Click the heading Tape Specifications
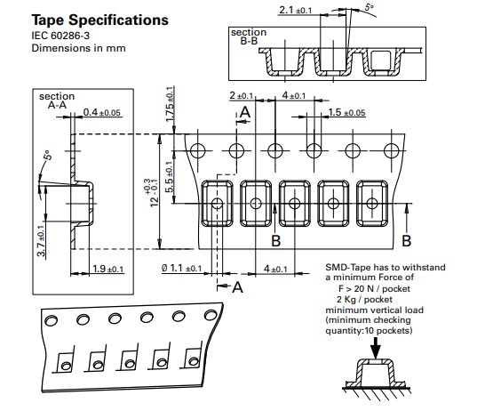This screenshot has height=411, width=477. pyautogui.click(x=99, y=20)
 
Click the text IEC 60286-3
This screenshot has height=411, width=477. pyautogui.click(x=60, y=36)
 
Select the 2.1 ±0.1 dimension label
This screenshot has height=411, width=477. pyautogui.click(x=296, y=11)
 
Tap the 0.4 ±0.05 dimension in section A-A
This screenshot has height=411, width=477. pyautogui.click(x=102, y=112)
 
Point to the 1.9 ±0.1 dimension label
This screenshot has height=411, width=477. pyautogui.click(x=108, y=269)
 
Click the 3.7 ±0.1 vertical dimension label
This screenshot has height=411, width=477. pyautogui.click(x=42, y=240)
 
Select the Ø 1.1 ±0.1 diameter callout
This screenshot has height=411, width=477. pyautogui.click(x=181, y=268)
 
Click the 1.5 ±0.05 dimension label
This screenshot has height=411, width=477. pyautogui.click(x=346, y=112)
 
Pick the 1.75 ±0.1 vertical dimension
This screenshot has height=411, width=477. pyautogui.click(x=170, y=104)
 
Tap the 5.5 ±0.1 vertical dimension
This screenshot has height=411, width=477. pyautogui.click(x=170, y=176)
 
